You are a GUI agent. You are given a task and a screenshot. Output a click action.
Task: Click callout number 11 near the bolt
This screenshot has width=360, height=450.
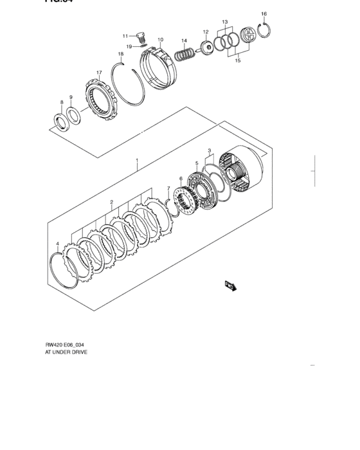(126, 36)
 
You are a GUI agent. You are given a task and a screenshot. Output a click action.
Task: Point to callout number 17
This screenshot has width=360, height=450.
(99, 73)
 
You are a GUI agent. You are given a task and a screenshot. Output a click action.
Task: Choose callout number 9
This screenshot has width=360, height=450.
(71, 98)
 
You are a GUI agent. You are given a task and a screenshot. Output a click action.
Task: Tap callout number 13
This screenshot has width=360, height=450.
(225, 22)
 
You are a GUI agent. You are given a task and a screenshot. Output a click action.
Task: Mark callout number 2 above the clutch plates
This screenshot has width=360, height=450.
(111, 202)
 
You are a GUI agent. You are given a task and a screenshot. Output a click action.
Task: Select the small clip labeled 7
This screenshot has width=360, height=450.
(170, 204)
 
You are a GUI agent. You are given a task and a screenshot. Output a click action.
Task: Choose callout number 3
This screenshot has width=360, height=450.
(209, 150)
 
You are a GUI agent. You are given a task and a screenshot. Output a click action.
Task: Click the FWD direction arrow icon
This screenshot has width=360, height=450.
(230, 285)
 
